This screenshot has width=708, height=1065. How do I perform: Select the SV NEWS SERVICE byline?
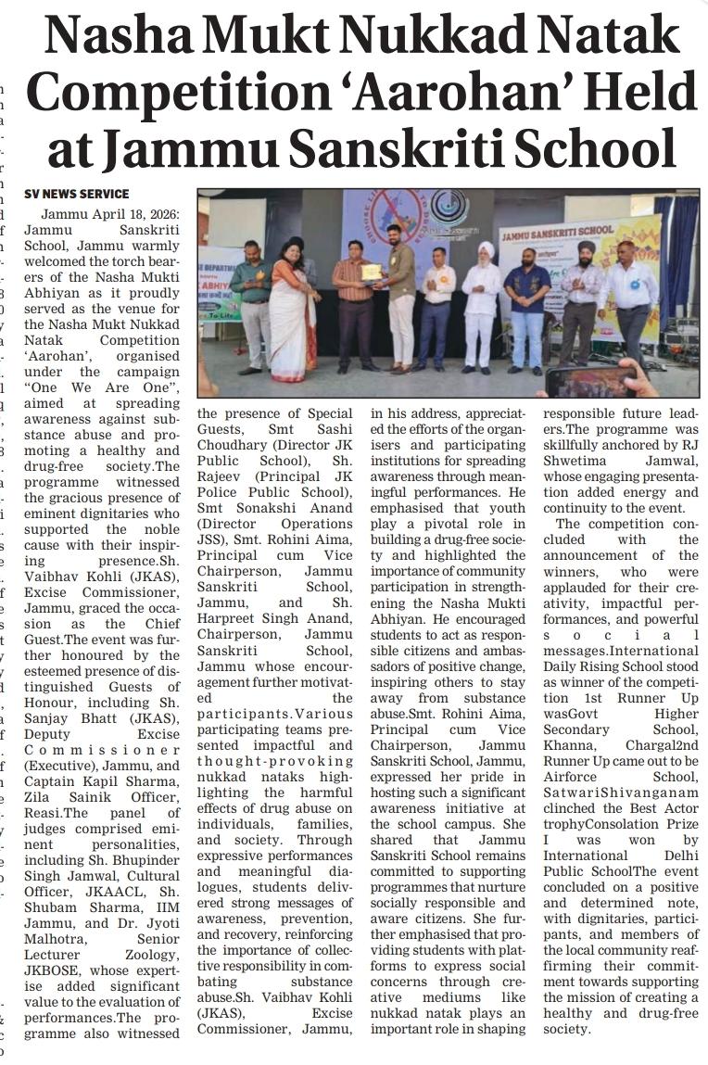coord(76,194)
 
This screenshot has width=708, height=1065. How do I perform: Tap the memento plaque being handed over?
coord(372,271)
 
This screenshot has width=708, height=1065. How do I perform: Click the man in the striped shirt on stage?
coord(355,297)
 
